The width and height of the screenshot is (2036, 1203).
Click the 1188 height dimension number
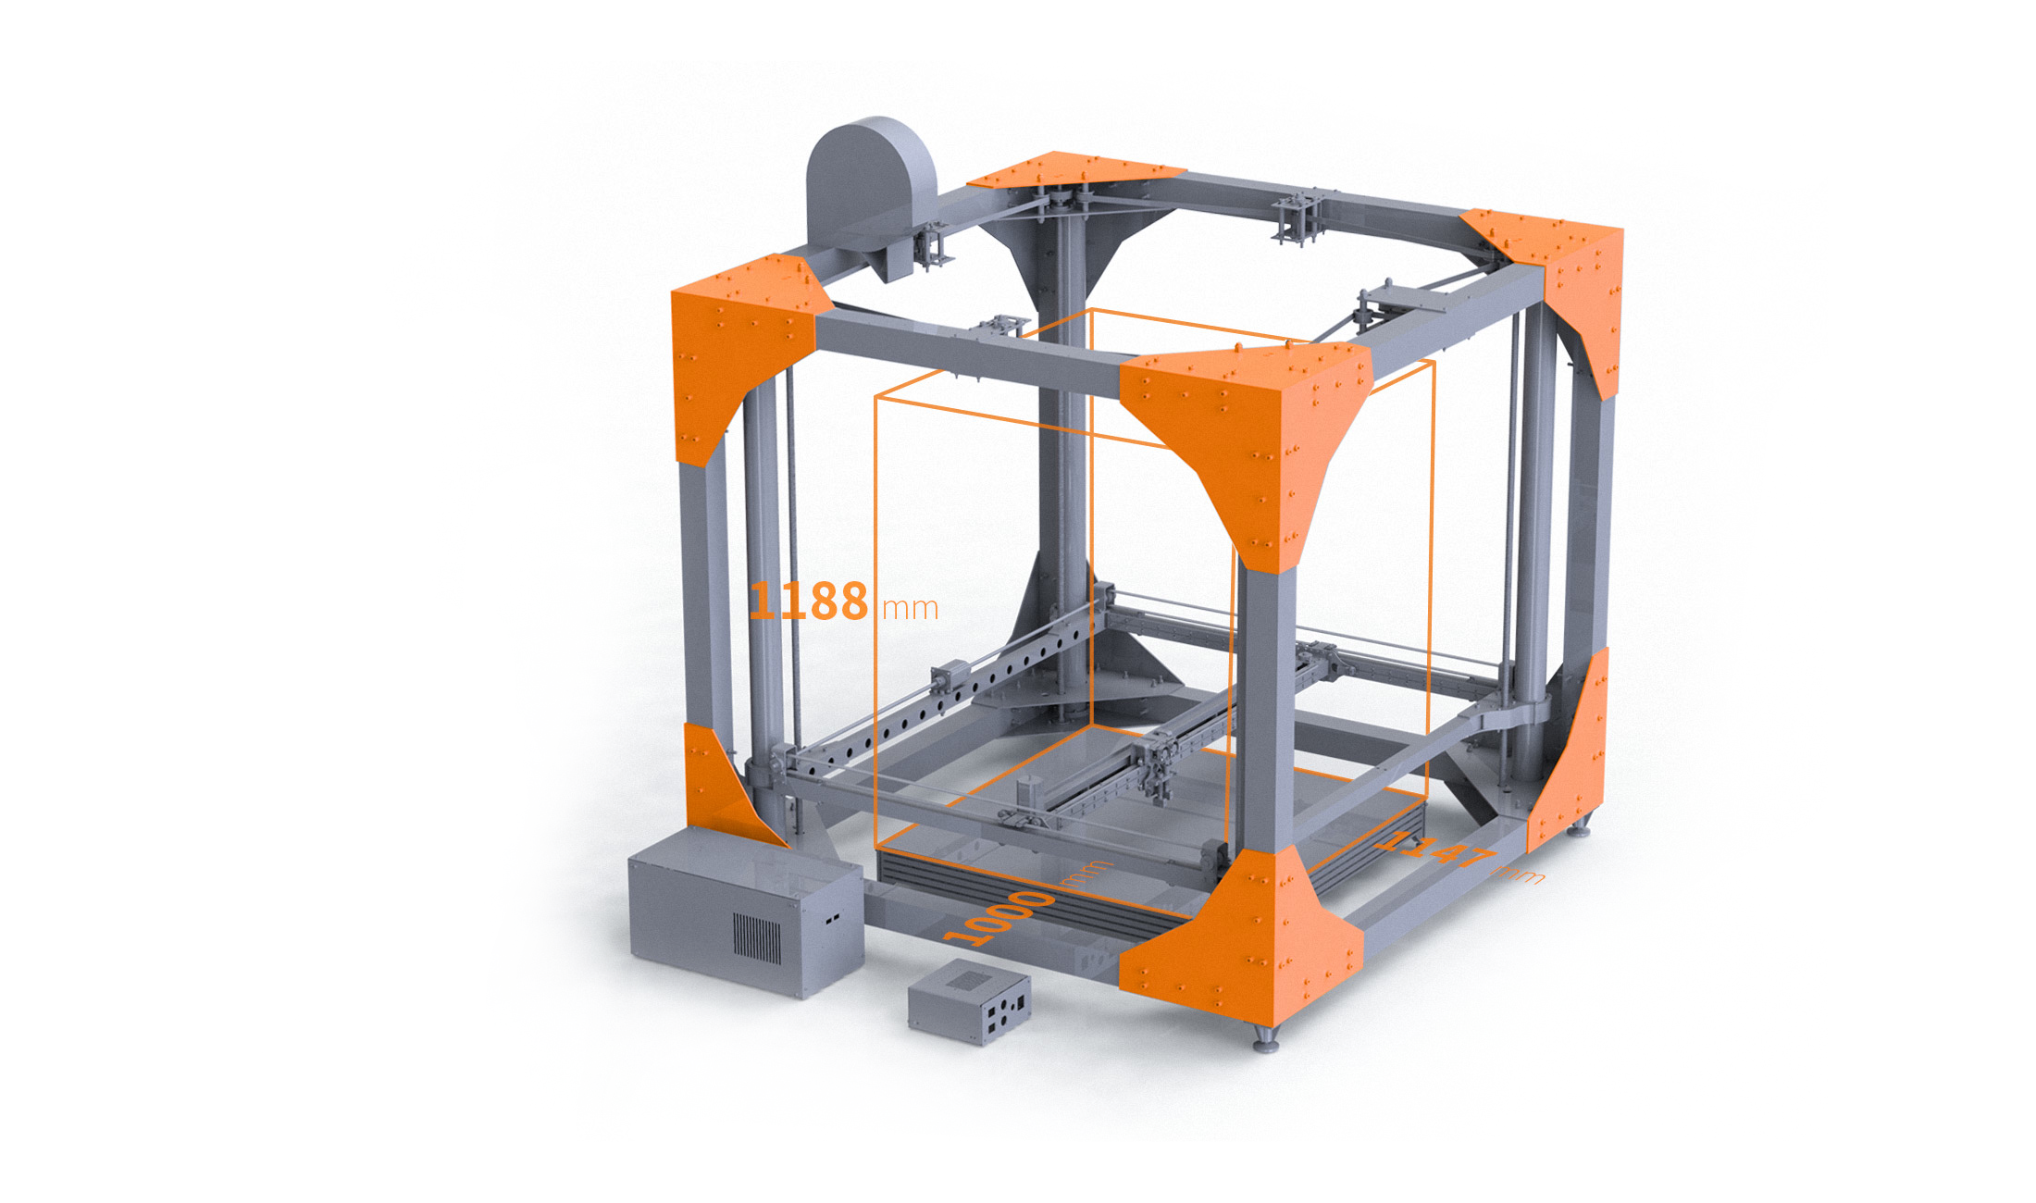(808, 601)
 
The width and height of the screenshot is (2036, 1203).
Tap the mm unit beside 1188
(911, 608)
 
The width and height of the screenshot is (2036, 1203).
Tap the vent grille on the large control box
(757, 936)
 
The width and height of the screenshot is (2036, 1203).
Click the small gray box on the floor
(969, 1001)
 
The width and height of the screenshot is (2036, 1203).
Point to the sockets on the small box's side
(1004, 1013)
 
